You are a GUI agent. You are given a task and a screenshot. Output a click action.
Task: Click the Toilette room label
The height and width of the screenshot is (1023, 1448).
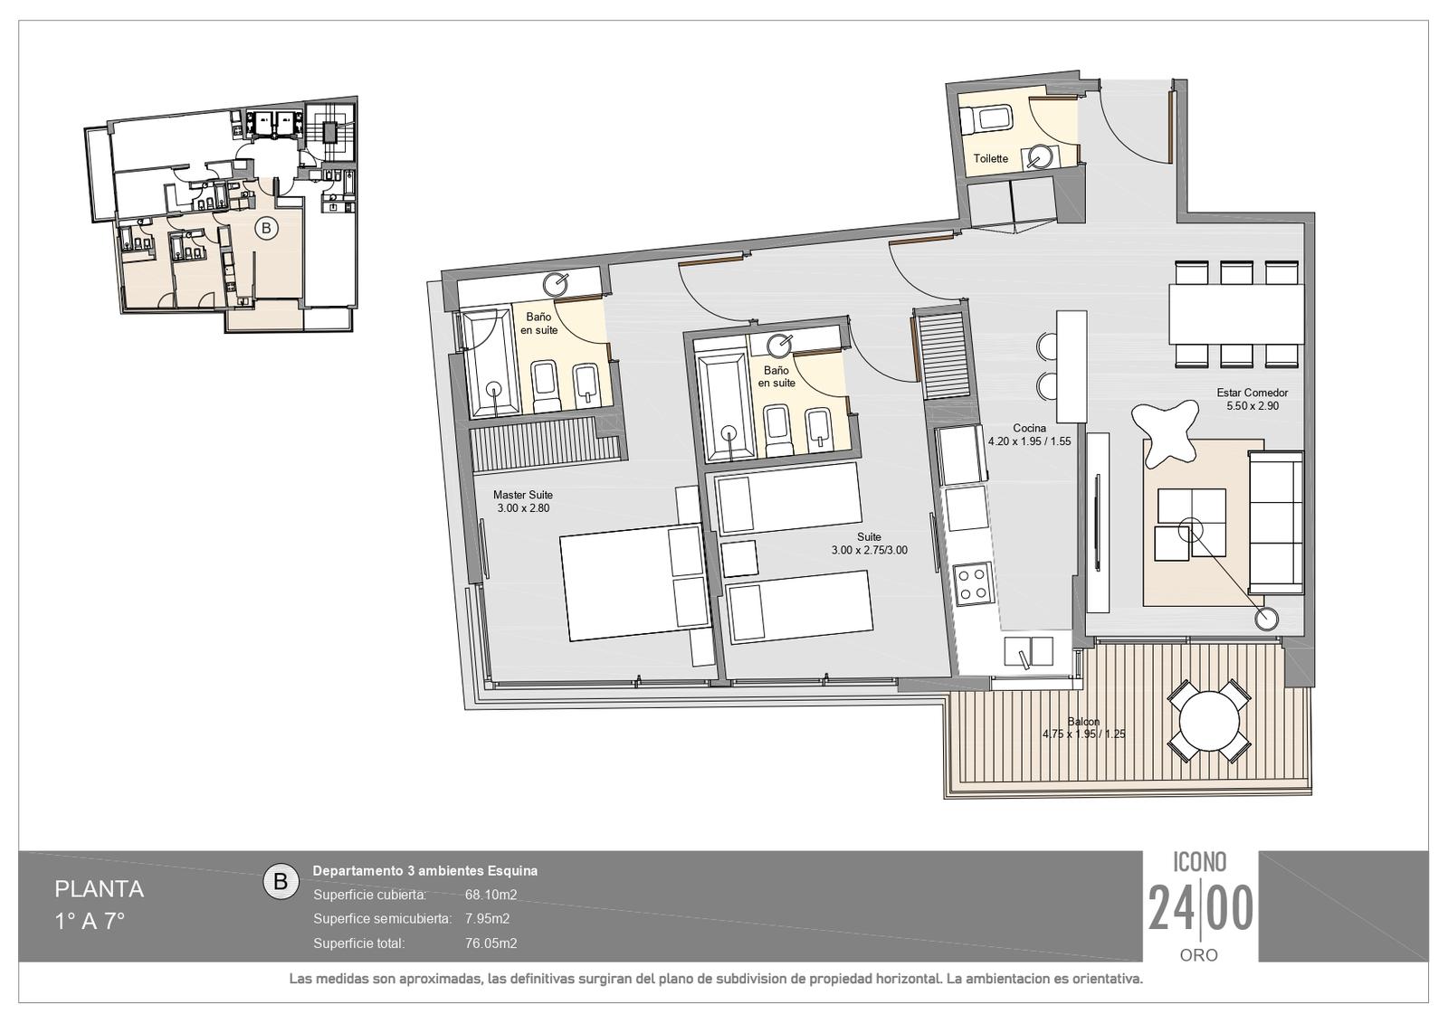(x=990, y=158)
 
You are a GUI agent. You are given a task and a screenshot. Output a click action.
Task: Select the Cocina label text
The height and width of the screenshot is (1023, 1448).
(x=1029, y=429)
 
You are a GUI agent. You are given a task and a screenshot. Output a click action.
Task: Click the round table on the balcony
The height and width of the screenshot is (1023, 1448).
(x=1209, y=721)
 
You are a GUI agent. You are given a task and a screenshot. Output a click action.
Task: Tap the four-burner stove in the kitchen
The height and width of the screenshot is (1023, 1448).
(x=974, y=584)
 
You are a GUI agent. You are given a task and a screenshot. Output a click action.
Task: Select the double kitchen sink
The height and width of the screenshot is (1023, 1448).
(x=1028, y=650)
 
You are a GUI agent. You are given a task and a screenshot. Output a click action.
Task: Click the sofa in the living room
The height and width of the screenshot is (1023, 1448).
(x=1275, y=523)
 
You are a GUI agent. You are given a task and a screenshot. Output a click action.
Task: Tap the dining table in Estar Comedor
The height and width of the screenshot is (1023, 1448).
(x=1236, y=314)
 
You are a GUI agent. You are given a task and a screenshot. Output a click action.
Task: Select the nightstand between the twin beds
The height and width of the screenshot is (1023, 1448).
(x=739, y=559)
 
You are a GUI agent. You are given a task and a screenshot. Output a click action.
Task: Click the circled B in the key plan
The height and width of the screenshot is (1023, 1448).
(x=266, y=227)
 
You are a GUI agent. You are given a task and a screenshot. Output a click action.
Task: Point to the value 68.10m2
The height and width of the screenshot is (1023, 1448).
(x=491, y=895)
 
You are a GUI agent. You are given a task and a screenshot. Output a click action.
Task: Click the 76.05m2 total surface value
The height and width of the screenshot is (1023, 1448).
(x=491, y=942)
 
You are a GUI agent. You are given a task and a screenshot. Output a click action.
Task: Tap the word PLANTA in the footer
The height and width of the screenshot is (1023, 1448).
(x=99, y=889)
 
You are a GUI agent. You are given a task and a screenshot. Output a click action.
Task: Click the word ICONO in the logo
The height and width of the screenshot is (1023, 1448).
(x=1200, y=861)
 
